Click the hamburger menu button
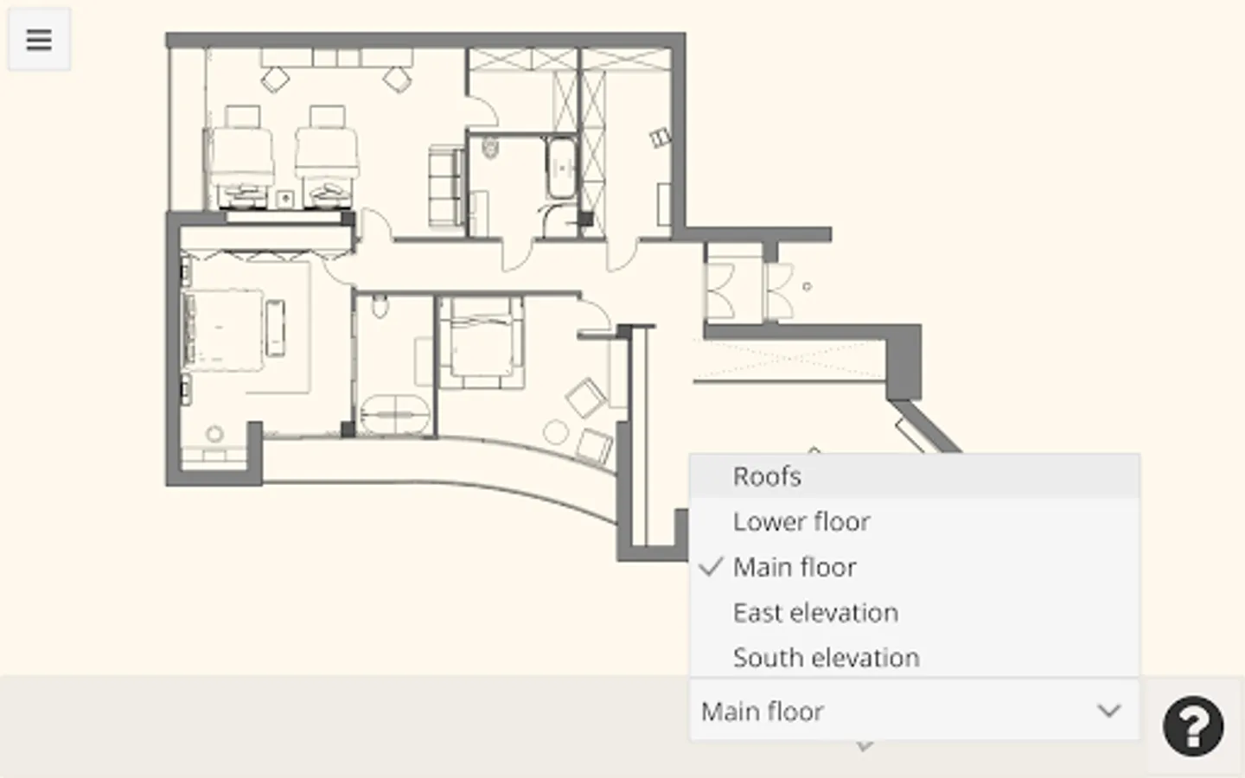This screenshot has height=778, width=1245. (x=39, y=40)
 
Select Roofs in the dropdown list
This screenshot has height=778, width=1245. (x=767, y=477)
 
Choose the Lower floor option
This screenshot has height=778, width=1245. (x=801, y=522)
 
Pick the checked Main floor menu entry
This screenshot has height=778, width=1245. (x=795, y=567)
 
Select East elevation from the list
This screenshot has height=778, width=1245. (x=815, y=613)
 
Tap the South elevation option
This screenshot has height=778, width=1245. (x=826, y=658)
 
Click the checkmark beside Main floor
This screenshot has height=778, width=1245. (x=711, y=567)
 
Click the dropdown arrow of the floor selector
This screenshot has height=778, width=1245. (x=1108, y=711)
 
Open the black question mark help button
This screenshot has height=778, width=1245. (x=1193, y=726)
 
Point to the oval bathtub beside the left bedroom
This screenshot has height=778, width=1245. (x=395, y=415)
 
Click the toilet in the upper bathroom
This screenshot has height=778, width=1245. (x=489, y=148)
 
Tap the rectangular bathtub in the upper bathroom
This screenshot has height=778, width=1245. (x=562, y=168)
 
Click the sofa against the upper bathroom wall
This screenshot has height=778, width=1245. (x=446, y=187)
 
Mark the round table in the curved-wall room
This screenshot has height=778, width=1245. (x=556, y=432)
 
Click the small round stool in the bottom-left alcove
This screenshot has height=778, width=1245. (x=214, y=433)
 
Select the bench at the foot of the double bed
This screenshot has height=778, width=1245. (x=275, y=328)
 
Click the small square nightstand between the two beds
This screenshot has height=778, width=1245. (x=285, y=198)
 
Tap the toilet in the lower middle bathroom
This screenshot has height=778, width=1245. (x=380, y=306)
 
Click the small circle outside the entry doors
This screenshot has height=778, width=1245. (x=807, y=287)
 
